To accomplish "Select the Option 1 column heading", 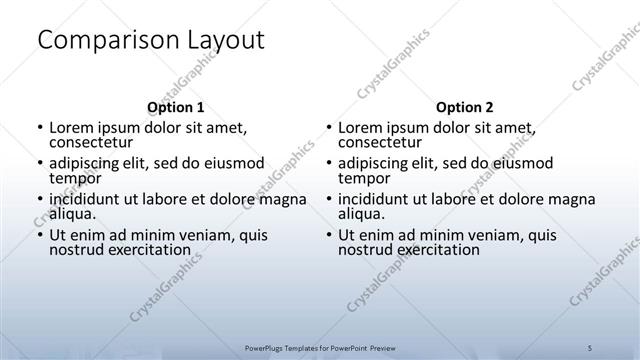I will [175, 107].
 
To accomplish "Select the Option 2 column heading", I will [465, 107].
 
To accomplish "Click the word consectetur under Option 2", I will [381, 143].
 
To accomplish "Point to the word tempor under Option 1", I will [75, 179].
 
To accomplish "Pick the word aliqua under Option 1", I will [72, 214].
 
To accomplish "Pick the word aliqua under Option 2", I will [362, 214].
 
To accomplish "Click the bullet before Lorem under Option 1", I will [39, 129].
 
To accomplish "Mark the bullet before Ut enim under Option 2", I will [329, 235].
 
